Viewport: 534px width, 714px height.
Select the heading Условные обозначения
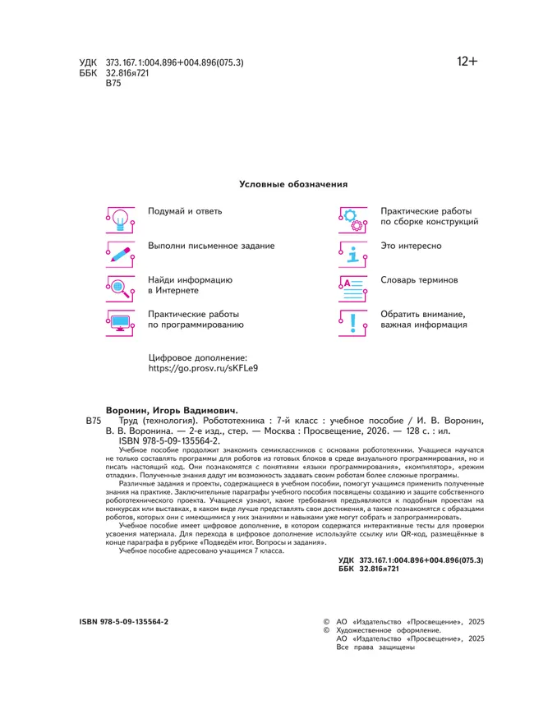tap(293, 185)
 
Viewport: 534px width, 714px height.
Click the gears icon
tap(353, 219)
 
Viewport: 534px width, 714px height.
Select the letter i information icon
tap(353, 253)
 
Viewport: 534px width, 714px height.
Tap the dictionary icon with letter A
tap(353, 287)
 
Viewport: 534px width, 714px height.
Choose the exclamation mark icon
tap(353, 321)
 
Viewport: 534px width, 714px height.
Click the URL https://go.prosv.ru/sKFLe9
tap(203, 370)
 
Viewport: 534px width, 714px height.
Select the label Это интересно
tap(412, 246)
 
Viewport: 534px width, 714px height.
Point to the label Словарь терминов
tap(419, 280)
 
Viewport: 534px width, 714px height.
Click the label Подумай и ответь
tap(185, 211)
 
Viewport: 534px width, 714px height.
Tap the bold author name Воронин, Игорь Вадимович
tap(171, 410)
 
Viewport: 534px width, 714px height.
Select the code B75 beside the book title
tap(93, 421)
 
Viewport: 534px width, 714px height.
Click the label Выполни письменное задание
tap(211, 246)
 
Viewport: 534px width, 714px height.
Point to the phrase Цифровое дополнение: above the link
tap(197, 358)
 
